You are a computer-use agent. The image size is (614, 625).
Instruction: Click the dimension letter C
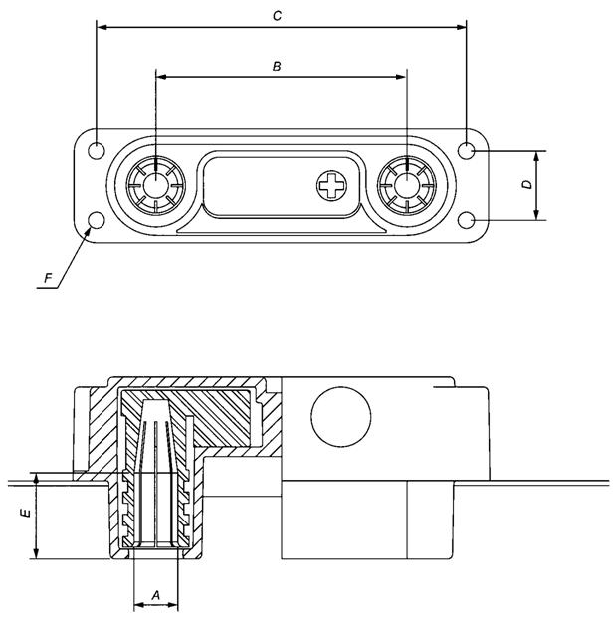click(x=278, y=16)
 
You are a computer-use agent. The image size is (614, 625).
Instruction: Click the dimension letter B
click(x=278, y=67)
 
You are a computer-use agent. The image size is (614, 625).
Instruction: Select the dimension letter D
click(x=528, y=185)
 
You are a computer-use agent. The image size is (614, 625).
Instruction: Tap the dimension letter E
click(x=26, y=515)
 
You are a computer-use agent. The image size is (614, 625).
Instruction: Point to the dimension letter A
click(x=154, y=594)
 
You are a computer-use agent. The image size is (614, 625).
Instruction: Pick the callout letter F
click(x=47, y=279)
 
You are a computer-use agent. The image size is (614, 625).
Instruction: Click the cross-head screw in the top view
click(x=331, y=184)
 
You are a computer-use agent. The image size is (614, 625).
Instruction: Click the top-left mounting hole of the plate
click(x=97, y=150)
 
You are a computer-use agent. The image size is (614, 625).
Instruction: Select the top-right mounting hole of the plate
click(x=468, y=150)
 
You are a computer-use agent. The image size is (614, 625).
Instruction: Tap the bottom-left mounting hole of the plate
click(x=97, y=220)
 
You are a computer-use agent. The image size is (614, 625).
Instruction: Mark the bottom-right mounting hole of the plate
click(x=468, y=220)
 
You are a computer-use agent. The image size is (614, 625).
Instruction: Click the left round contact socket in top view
click(x=156, y=185)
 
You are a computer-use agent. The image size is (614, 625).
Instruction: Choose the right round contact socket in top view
click(x=407, y=185)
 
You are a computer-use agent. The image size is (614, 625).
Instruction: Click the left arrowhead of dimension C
click(x=100, y=27)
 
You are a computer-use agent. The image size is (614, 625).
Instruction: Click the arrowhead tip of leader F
click(x=91, y=228)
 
